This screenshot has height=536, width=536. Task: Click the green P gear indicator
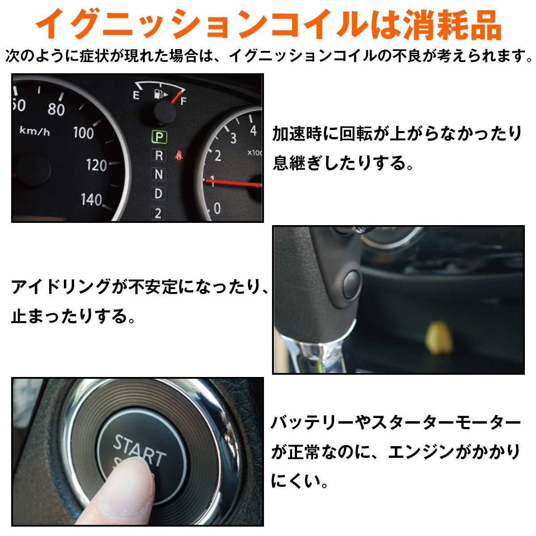pos(159,137)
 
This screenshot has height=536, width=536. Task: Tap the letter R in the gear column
pos(159,156)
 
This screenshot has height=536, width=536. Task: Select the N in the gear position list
pos(159,175)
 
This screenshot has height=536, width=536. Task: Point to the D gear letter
pos(159,194)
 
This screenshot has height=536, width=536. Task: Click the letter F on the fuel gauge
pos(183,101)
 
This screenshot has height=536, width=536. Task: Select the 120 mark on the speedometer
pos(96,166)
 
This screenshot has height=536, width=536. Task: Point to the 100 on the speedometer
pos(84,133)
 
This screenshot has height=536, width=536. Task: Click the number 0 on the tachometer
pos(217,208)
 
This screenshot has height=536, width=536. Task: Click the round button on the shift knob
pos(351,282)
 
